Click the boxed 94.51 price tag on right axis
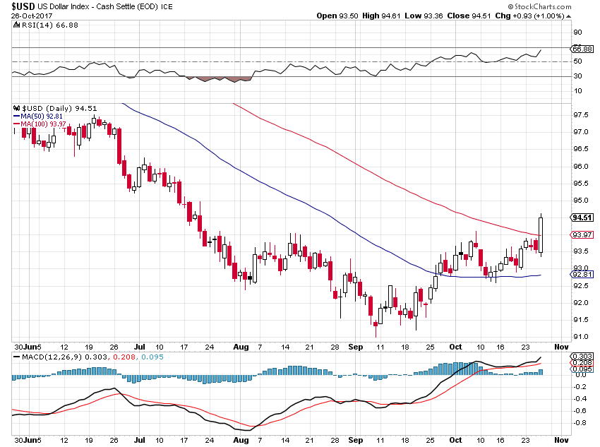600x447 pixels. click(x=581, y=218)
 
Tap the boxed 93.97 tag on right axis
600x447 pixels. click(x=581, y=234)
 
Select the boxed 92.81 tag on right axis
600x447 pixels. click(x=581, y=273)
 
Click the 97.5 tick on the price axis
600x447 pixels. click(x=580, y=115)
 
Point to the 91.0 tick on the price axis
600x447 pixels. click(x=580, y=337)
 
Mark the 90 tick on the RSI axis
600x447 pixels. click(x=577, y=32)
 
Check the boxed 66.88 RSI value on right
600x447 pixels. click(x=582, y=49)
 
